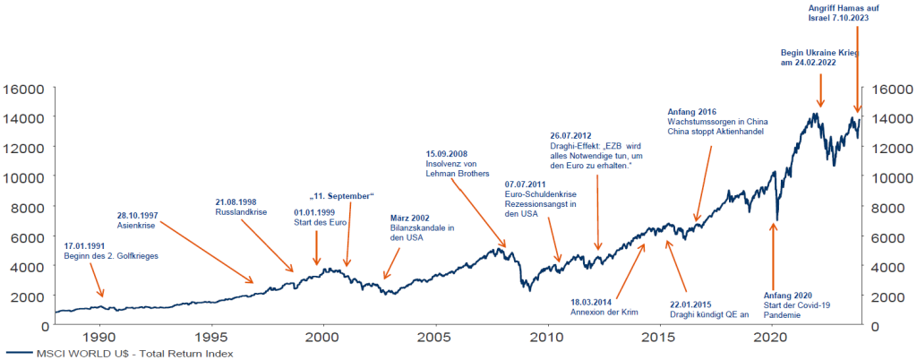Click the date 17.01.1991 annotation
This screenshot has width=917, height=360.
click(x=87, y=245)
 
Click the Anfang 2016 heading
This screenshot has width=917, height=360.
click(x=693, y=110)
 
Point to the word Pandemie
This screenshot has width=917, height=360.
click(x=783, y=316)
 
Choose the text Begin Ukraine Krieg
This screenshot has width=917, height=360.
click(x=819, y=54)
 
